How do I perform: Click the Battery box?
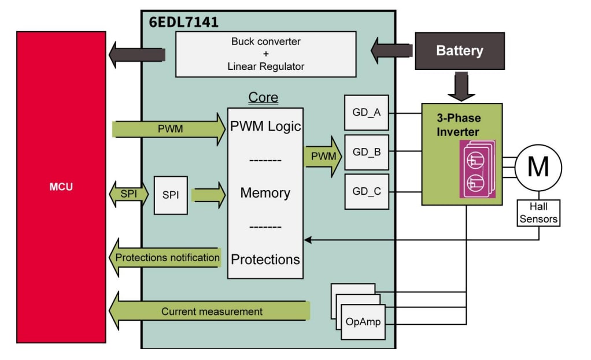(459, 51)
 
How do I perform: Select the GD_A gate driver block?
(366, 113)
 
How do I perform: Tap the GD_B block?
(366, 152)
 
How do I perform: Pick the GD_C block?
(366, 191)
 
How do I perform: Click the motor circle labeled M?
(538, 168)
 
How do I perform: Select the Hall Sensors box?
(538, 213)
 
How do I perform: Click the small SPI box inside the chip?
(171, 195)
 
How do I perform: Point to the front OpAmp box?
(363, 322)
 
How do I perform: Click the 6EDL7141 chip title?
(183, 22)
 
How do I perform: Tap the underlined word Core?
(263, 97)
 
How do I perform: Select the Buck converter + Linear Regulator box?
(265, 54)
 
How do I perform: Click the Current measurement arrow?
(211, 311)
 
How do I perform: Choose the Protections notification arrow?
(166, 258)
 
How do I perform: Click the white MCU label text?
(61, 187)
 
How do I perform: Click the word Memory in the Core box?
(265, 193)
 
